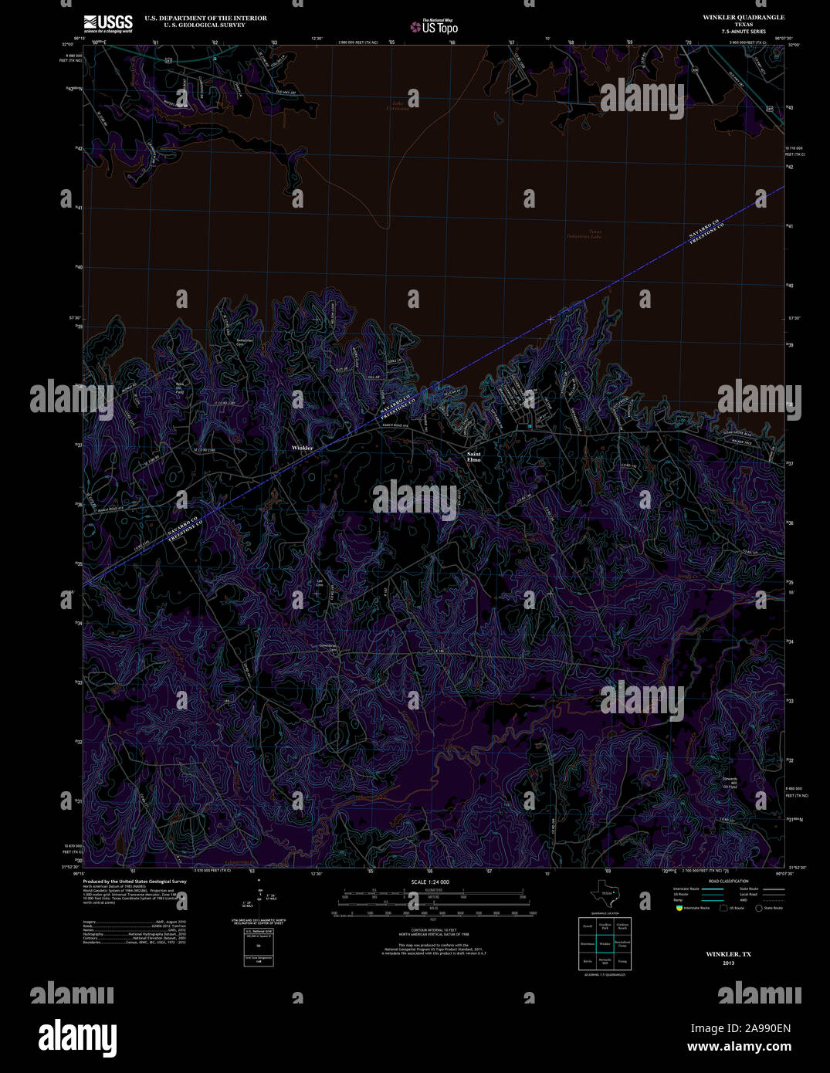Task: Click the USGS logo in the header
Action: [x=108, y=23]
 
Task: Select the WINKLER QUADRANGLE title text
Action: [x=744, y=17]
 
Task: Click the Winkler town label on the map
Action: [x=302, y=448]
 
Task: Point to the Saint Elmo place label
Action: [x=473, y=457]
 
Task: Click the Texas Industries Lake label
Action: [x=584, y=234]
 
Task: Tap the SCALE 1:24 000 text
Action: [x=431, y=882]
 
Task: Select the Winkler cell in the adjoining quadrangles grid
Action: [x=605, y=943]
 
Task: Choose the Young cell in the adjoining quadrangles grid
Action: [x=622, y=961]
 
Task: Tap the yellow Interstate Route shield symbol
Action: [x=679, y=908]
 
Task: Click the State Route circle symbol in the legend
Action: [x=758, y=908]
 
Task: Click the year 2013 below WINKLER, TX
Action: [x=729, y=963]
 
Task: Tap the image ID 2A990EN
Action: [x=740, y=1028]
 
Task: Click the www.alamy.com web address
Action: [x=739, y=1048]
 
